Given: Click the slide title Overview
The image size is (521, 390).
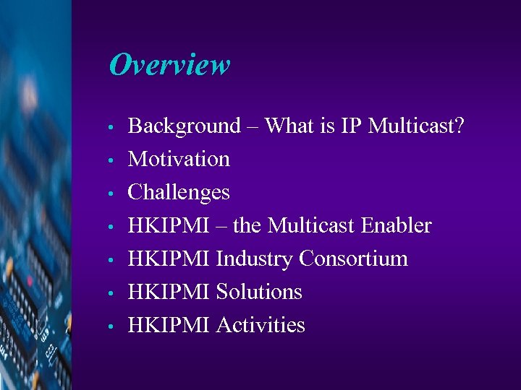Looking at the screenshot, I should point(169,65).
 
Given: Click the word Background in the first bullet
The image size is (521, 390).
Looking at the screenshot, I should point(184,126).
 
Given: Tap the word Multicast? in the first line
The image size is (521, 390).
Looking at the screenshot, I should point(416,126).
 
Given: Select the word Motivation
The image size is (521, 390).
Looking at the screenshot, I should point(179,159).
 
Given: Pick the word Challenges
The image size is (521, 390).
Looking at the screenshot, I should point(179,193).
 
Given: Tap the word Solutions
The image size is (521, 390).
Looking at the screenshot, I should point(259,292).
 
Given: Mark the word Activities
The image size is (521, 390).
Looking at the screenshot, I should point(260,325).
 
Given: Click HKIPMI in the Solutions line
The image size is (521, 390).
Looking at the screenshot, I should point(169,292).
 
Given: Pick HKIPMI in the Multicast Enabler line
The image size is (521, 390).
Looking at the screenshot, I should point(169,225).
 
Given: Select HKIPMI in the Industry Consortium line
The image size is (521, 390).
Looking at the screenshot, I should point(169,259).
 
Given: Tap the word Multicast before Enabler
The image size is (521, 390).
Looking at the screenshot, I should point(312,225).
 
